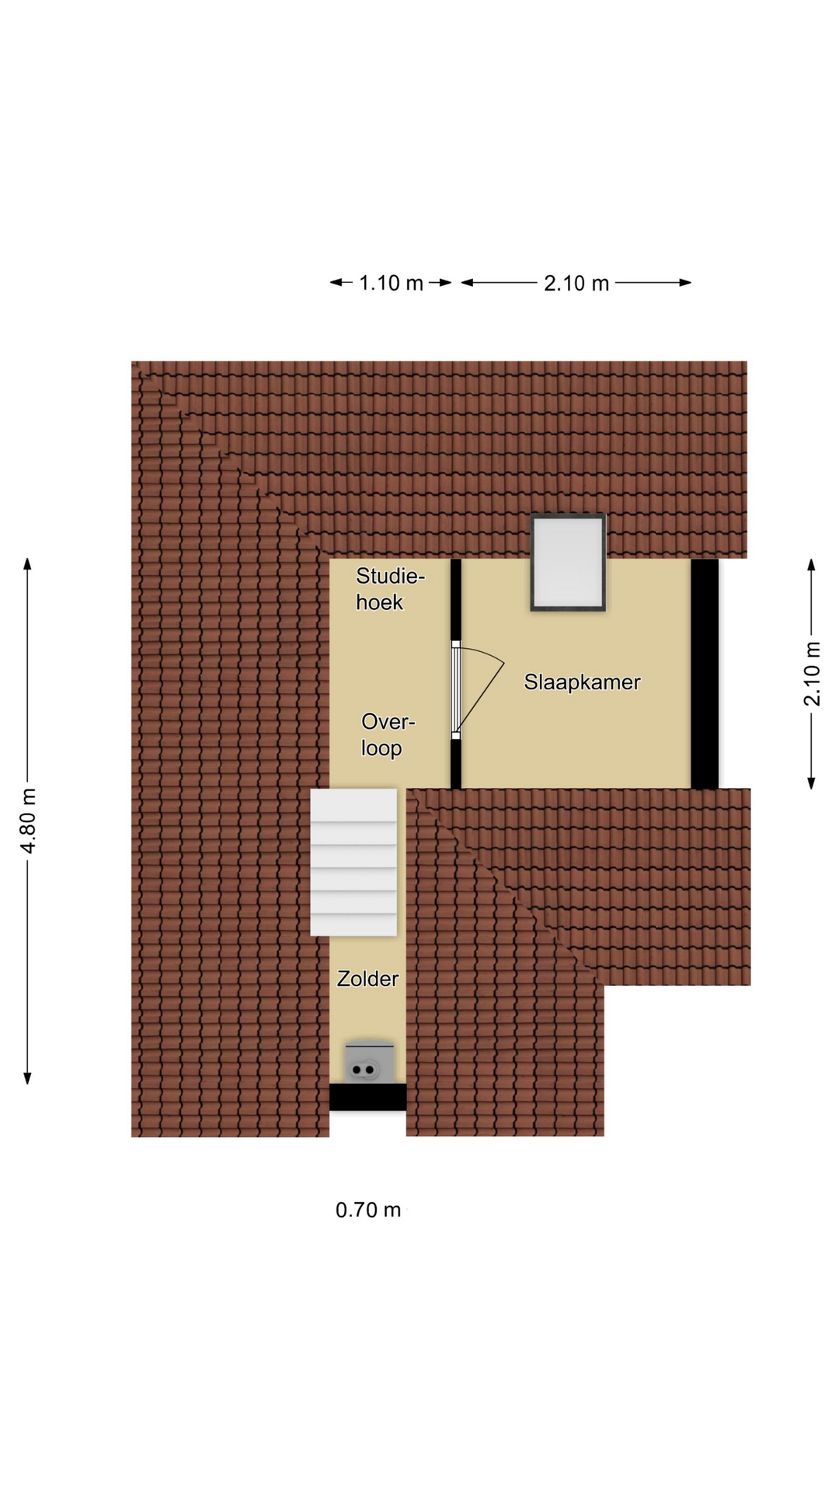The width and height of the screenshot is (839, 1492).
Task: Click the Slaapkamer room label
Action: coord(582,682)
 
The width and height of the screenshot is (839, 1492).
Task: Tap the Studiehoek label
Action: coord(390,589)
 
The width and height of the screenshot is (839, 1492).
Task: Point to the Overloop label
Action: coord(388,735)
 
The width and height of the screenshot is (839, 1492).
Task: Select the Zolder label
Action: coord(367,978)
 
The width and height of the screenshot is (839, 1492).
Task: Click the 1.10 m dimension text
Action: coord(391,283)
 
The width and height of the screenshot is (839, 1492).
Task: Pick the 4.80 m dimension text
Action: coord(29,821)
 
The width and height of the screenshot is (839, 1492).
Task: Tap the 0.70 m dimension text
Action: coord(368,1210)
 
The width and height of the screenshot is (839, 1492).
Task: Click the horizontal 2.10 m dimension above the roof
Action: coord(576,283)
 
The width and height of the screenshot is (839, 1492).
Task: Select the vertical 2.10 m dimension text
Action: coord(812,674)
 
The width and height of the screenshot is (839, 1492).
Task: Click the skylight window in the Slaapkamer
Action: coord(568,562)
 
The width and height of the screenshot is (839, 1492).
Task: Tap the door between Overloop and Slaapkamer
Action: coord(456,689)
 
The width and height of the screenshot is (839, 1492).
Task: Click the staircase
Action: coord(353,863)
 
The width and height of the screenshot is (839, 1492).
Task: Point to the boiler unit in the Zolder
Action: coord(369,1061)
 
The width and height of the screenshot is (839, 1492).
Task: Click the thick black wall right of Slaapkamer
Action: coord(705,674)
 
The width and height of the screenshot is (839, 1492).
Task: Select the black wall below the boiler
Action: coord(367,1097)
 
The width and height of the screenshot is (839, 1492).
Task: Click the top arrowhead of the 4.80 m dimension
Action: coord(27,563)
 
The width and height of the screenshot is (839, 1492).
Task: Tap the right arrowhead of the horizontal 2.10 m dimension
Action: coord(685,283)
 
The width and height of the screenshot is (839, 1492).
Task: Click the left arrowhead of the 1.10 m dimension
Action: coord(336,283)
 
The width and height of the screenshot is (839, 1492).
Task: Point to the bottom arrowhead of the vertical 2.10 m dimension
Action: coord(812,783)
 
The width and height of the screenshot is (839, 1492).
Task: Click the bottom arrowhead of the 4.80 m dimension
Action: coord(27,1079)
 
